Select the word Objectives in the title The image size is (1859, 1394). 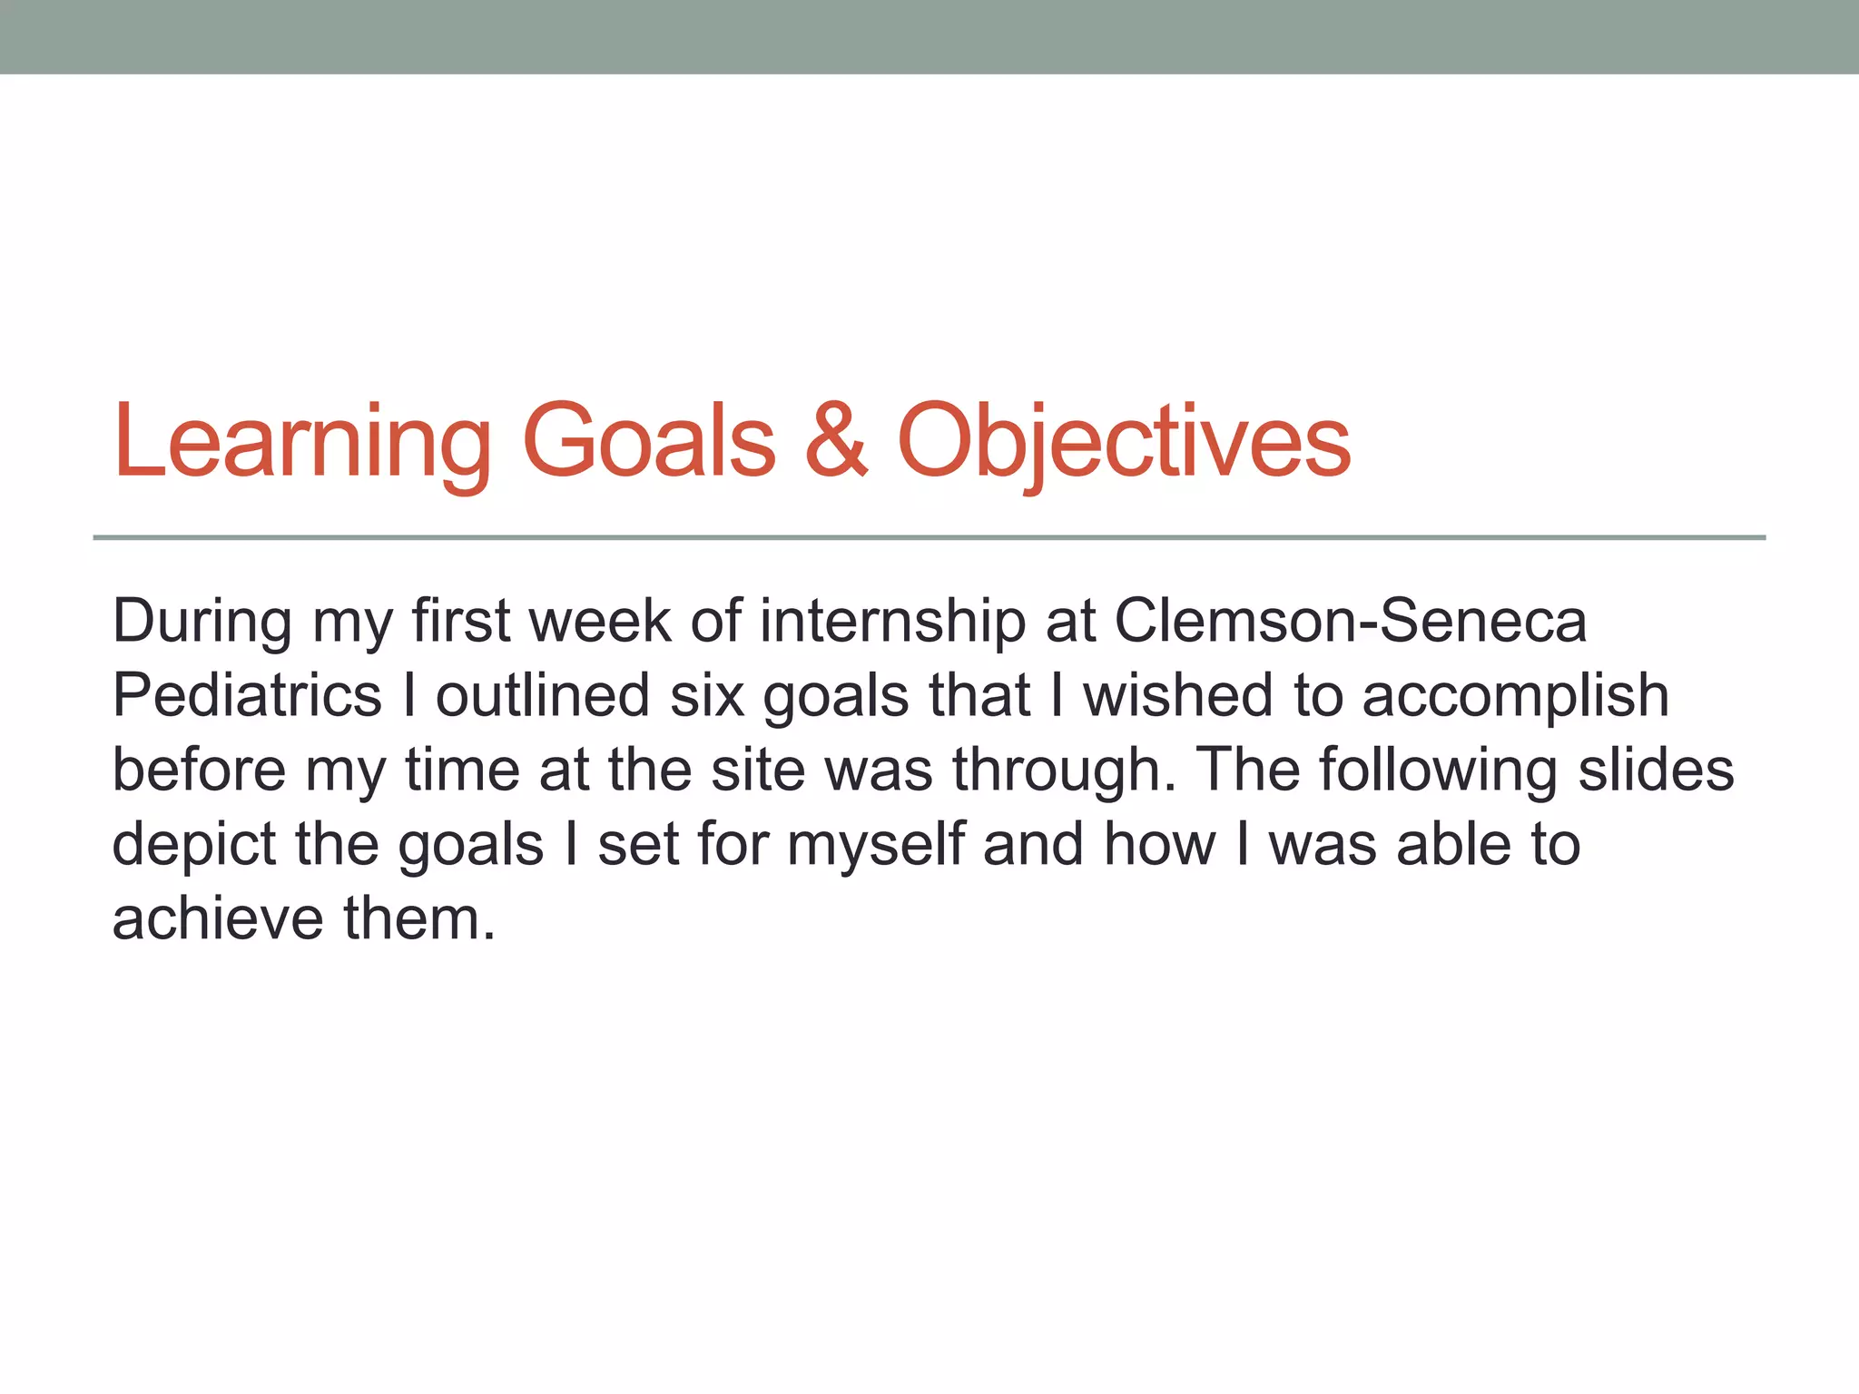click(1124, 442)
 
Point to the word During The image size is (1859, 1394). click(202, 622)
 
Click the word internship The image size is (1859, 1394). click(892, 623)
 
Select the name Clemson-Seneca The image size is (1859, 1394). click(1350, 622)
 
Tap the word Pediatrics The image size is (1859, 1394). click(247, 696)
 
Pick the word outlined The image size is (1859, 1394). click(542, 696)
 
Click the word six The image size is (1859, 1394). click(707, 696)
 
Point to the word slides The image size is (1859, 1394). click(1656, 771)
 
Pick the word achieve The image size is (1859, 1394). click(218, 919)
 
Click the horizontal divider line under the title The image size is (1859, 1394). click(929, 538)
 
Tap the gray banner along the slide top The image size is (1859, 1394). click(929, 36)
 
